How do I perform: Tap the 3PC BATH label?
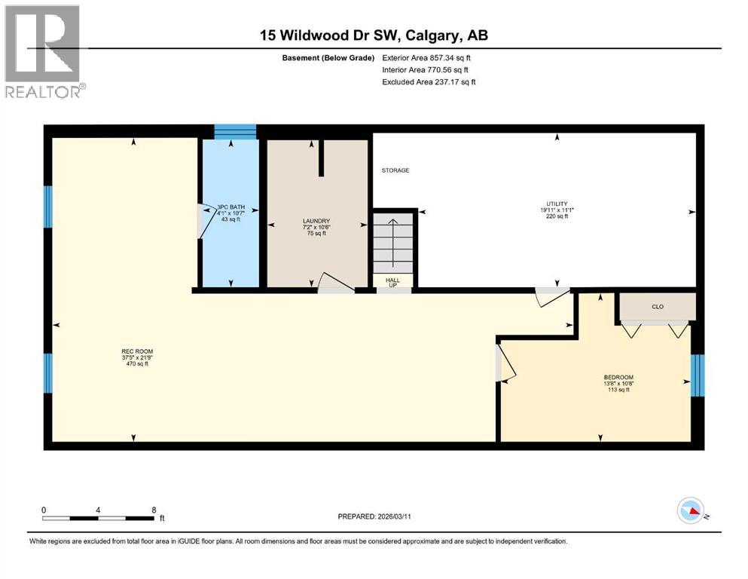point(231,207)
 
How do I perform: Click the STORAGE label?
point(395,170)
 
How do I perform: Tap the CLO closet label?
point(657,307)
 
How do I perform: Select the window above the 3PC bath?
point(235,132)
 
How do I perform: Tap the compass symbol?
point(691,511)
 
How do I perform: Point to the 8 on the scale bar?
point(154,510)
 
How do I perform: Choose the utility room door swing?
point(552,297)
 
